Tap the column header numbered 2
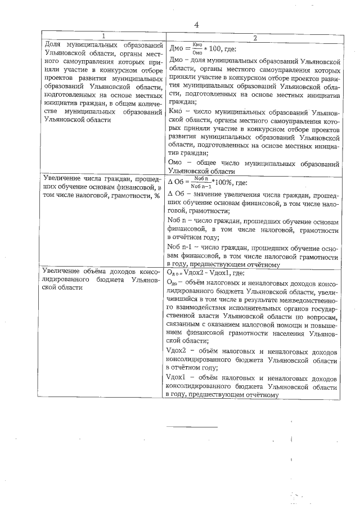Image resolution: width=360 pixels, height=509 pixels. (x=254, y=37)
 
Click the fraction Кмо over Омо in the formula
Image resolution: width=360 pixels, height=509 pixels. (x=196, y=48)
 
